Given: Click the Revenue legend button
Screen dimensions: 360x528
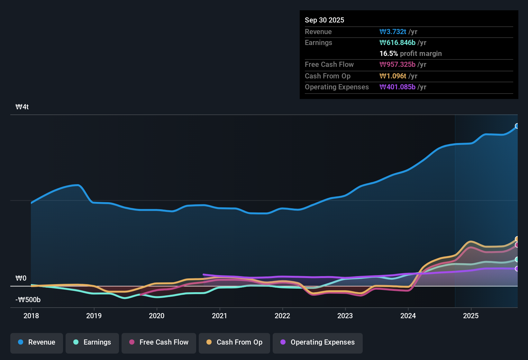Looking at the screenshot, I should pyautogui.click(x=37, y=342).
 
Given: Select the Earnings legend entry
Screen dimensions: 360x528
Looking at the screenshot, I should pyautogui.click(x=92, y=342).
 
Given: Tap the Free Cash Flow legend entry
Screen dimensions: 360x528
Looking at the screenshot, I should pyautogui.click(x=159, y=342).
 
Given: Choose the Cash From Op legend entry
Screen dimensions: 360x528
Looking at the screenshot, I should pyautogui.click(x=234, y=342).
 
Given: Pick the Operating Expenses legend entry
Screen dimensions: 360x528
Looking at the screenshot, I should pyautogui.click(x=318, y=342).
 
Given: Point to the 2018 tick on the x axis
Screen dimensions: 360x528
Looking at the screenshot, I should pyautogui.click(x=31, y=316).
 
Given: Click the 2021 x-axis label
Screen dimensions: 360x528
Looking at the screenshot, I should pyautogui.click(x=220, y=316).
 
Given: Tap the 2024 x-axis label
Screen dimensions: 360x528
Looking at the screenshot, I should pyautogui.click(x=408, y=316).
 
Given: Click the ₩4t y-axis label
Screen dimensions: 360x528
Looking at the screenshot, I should pyautogui.click(x=22, y=107).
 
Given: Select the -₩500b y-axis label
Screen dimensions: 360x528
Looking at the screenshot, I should pyautogui.click(x=28, y=300).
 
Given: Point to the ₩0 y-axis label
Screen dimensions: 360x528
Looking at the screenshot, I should pyautogui.click(x=21, y=278).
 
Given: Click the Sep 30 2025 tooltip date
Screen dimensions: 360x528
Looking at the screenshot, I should pyautogui.click(x=324, y=20).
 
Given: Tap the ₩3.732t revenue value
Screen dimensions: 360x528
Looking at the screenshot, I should pyautogui.click(x=393, y=32).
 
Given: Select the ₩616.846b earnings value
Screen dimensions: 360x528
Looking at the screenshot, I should pyautogui.click(x=397, y=42).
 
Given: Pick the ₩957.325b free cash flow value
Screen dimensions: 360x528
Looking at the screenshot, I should pyautogui.click(x=397, y=64).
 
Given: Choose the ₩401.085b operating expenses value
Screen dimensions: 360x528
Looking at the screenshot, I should pyautogui.click(x=397, y=87).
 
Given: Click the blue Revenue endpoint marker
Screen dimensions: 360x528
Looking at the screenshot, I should pyautogui.click(x=517, y=126).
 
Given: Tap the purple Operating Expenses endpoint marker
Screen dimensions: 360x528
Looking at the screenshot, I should pyautogui.click(x=517, y=269).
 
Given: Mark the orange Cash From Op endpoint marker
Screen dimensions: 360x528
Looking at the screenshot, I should pyautogui.click(x=517, y=239).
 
